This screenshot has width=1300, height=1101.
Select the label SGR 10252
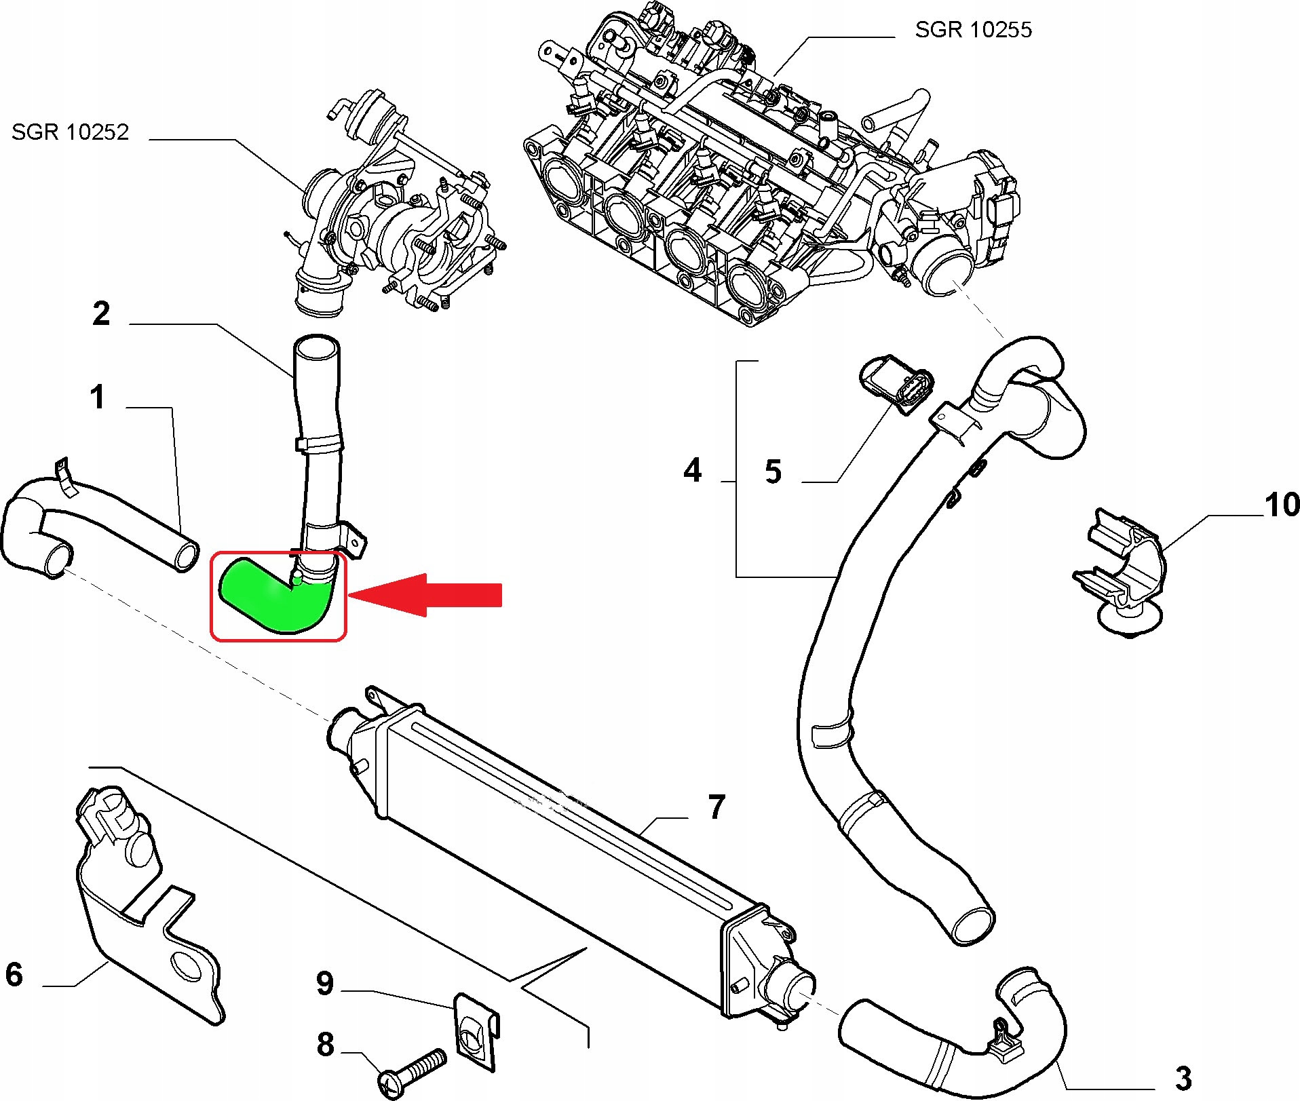[70, 132]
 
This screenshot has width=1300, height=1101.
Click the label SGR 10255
[973, 30]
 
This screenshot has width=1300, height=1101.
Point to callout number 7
[716, 807]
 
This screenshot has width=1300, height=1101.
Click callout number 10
[1282, 505]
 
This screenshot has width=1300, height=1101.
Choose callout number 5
[773, 471]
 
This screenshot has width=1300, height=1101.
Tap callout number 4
[692, 470]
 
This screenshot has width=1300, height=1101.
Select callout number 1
[98, 397]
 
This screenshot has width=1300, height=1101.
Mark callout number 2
[101, 313]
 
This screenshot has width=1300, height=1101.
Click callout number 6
[14, 974]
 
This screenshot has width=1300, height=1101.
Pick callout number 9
[325, 983]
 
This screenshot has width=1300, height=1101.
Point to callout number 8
[325, 1045]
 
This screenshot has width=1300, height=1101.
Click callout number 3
[1183, 1077]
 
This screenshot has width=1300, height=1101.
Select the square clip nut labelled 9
[476, 1031]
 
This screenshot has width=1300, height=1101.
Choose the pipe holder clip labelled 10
[1120, 577]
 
